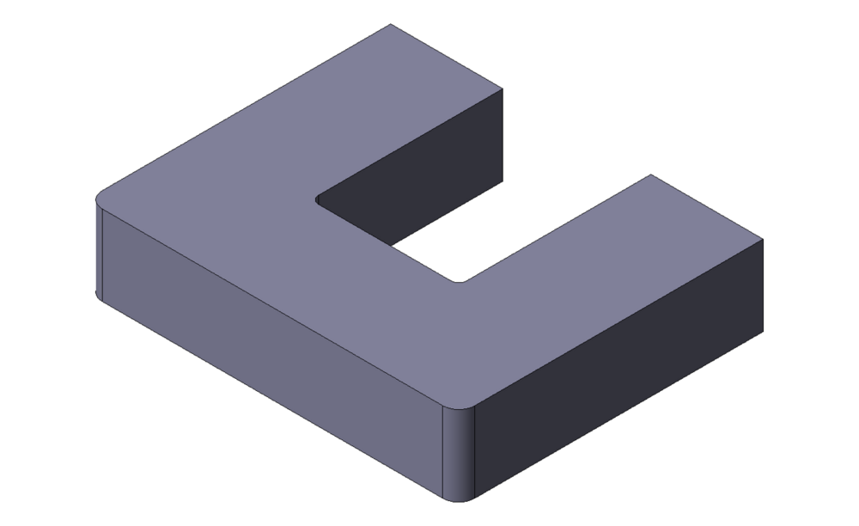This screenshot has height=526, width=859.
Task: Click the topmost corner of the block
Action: (391, 24)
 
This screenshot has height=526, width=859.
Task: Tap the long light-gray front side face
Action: (266, 344)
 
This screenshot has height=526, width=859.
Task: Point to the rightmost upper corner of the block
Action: (763, 240)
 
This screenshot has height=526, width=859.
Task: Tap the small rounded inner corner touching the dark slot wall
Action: (317, 199)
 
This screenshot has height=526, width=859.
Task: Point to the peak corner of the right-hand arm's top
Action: (650, 174)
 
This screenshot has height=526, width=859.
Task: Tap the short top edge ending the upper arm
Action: (447, 56)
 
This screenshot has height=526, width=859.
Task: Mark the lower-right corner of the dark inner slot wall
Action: (502, 183)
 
